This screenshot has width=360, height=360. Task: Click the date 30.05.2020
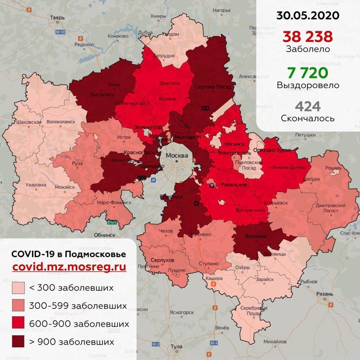[307, 15]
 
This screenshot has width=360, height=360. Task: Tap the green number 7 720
[307, 71]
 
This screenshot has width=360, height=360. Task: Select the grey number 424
[307, 106]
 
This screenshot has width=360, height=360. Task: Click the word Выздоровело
[307, 85]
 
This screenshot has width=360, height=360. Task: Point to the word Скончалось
[307, 119]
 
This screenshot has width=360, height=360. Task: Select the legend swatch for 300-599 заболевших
[19, 306]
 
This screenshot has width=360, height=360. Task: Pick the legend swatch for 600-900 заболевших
[19, 324]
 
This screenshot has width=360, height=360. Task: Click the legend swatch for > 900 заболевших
[19, 342]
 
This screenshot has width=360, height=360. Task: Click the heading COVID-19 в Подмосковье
[68, 254]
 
